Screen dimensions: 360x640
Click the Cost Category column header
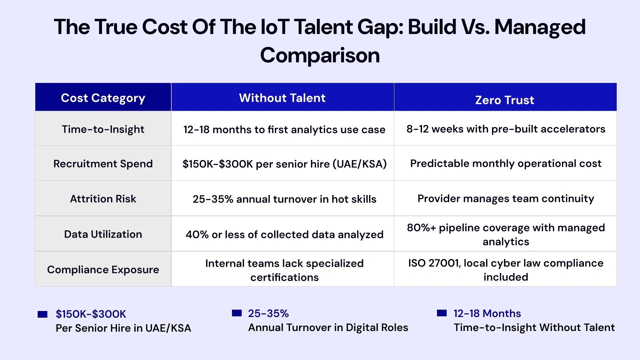(x=103, y=98)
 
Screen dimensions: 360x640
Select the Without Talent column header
(x=282, y=98)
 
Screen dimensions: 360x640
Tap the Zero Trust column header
(x=505, y=100)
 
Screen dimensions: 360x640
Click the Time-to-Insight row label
(x=103, y=129)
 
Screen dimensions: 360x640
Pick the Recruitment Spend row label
(x=103, y=164)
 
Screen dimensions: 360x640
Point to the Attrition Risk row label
(x=103, y=199)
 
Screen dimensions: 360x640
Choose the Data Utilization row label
(x=103, y=234)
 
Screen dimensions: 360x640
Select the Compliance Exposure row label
(x=103, y=269)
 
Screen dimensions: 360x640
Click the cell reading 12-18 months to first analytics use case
(x=284, y=129)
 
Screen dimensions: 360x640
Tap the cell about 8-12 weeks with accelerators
(x=506, y=129)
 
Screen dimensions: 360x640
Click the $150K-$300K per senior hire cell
(x=284, y=164)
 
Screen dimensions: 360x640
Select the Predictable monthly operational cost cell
(x=506, y=163)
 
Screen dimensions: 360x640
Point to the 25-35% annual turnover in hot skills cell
(x=284, y=199)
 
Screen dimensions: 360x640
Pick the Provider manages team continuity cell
(x=506, y=198)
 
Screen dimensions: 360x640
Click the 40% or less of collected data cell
(x=284, y=234)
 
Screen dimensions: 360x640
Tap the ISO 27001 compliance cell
(x=506, y=270)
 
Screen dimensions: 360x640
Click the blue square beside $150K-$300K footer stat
(x=43, y=314)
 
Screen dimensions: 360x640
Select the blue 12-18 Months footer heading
(x=487, y=313)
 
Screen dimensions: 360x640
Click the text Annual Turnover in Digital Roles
(x=328, y=327)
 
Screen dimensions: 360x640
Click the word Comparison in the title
(x=320, y=55)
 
